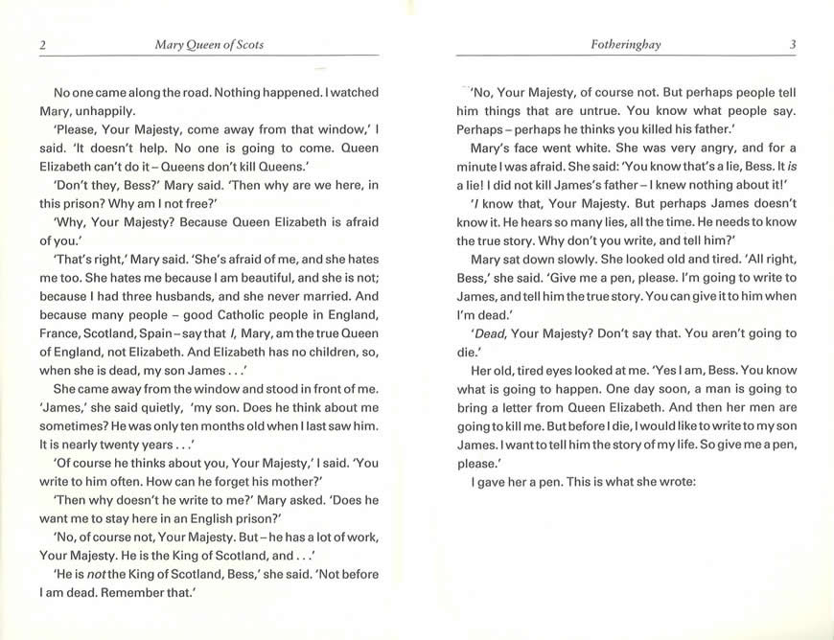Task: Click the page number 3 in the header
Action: [793, 44]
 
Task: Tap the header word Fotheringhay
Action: [627, 44]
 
